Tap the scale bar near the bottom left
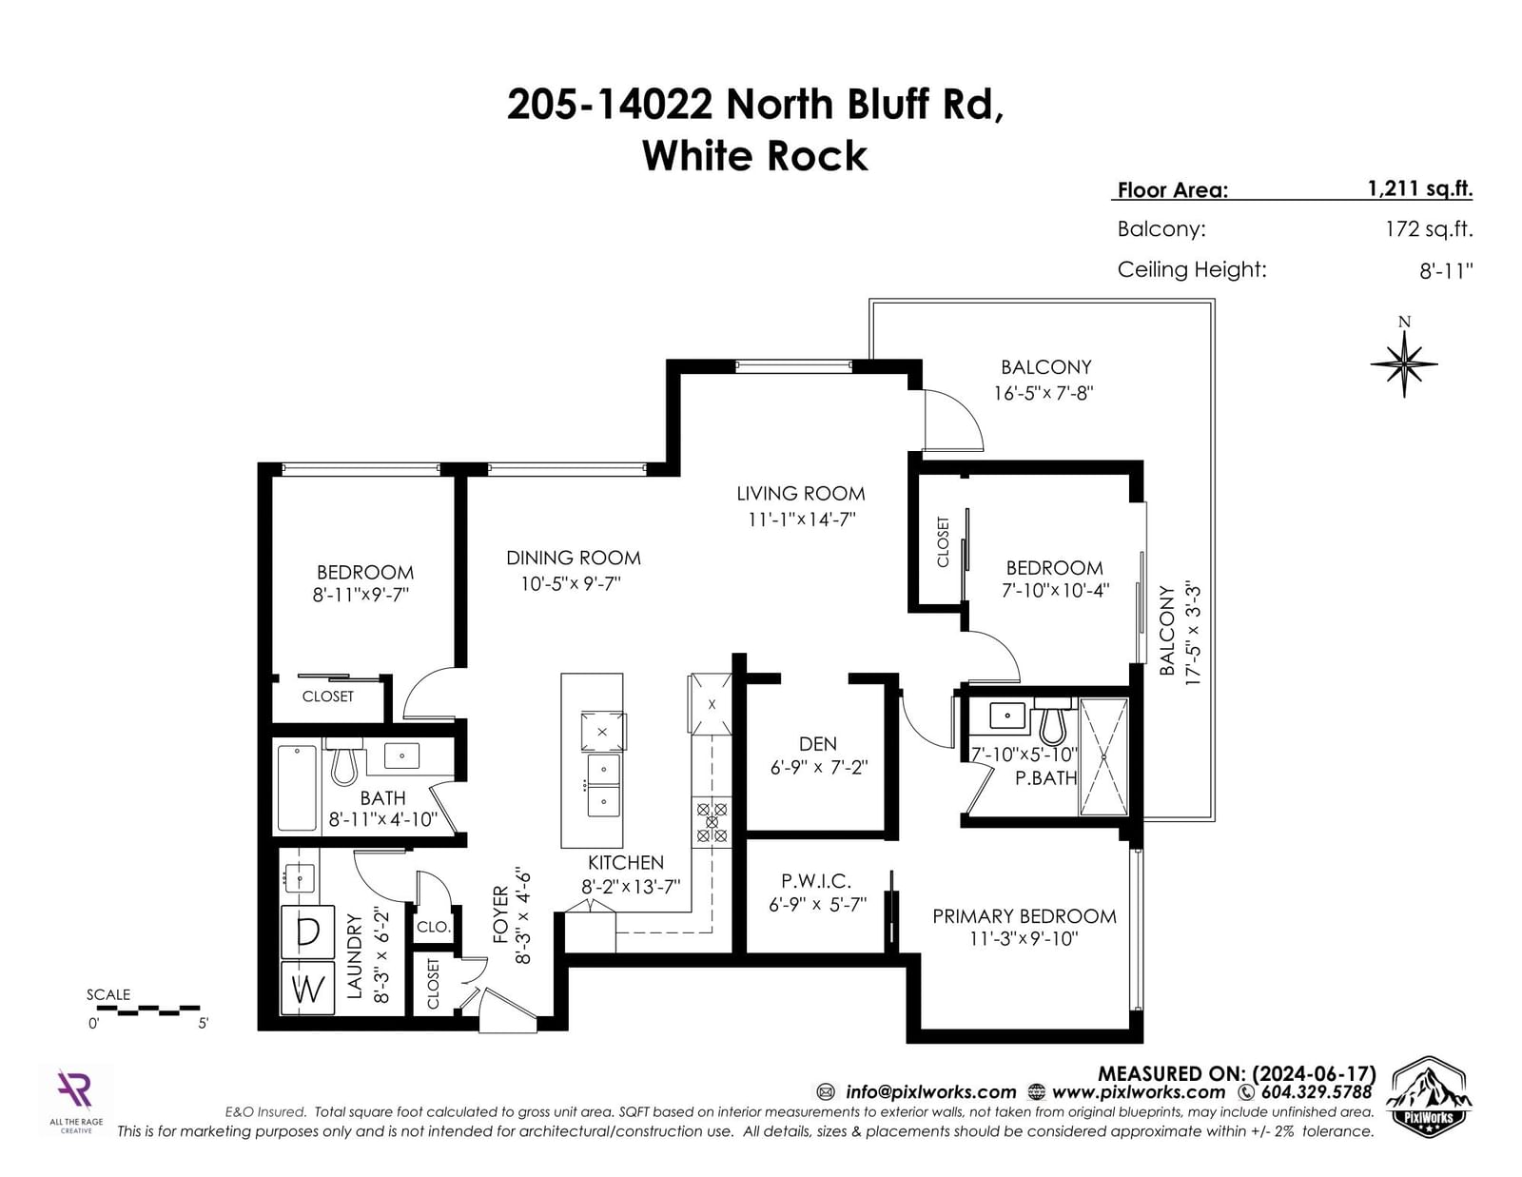[x=147, y=1010]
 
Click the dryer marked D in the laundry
[x=307, y=932]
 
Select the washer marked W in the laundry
[x=307, y=989]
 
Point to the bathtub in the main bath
[x=297, y=788]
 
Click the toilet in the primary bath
[x=1053, y=721]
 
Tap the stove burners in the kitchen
[x=712, y=822]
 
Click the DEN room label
[x=818, y=743]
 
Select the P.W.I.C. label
[x=817, y=881]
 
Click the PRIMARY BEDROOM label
[x=1024, y=916]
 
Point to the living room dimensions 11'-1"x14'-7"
[x=802, y=520]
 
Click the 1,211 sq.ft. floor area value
[x=1420, y=188]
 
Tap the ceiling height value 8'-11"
[x=1446, y=271]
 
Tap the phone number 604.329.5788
[x=1317, y=1092]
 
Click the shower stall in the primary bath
[x=1103, y=756]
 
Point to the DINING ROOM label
[x=574, y=558]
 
